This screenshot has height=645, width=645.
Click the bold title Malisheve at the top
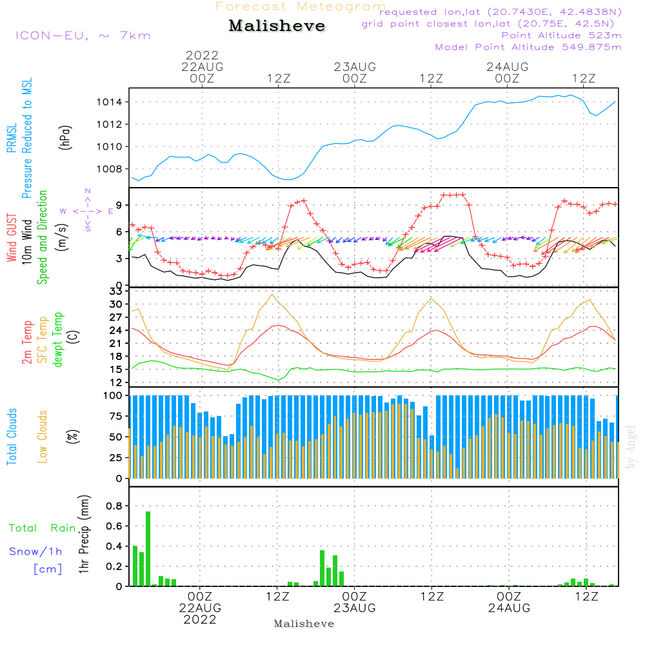tap(277, 26)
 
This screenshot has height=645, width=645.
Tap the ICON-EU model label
tap(83, 35)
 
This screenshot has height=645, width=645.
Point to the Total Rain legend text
tap(43, 528)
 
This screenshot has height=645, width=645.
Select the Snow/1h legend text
tap(36, 551)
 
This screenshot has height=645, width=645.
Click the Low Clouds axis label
tap(43, 426)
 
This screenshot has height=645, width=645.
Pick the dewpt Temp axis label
tap(57, 340)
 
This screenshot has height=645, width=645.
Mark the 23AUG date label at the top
tap(355, 66)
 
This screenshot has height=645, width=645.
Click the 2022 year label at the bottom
tap(200, 620)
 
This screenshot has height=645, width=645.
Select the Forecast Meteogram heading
tap(301, 6)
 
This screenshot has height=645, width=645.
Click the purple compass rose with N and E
tap(87, 210)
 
